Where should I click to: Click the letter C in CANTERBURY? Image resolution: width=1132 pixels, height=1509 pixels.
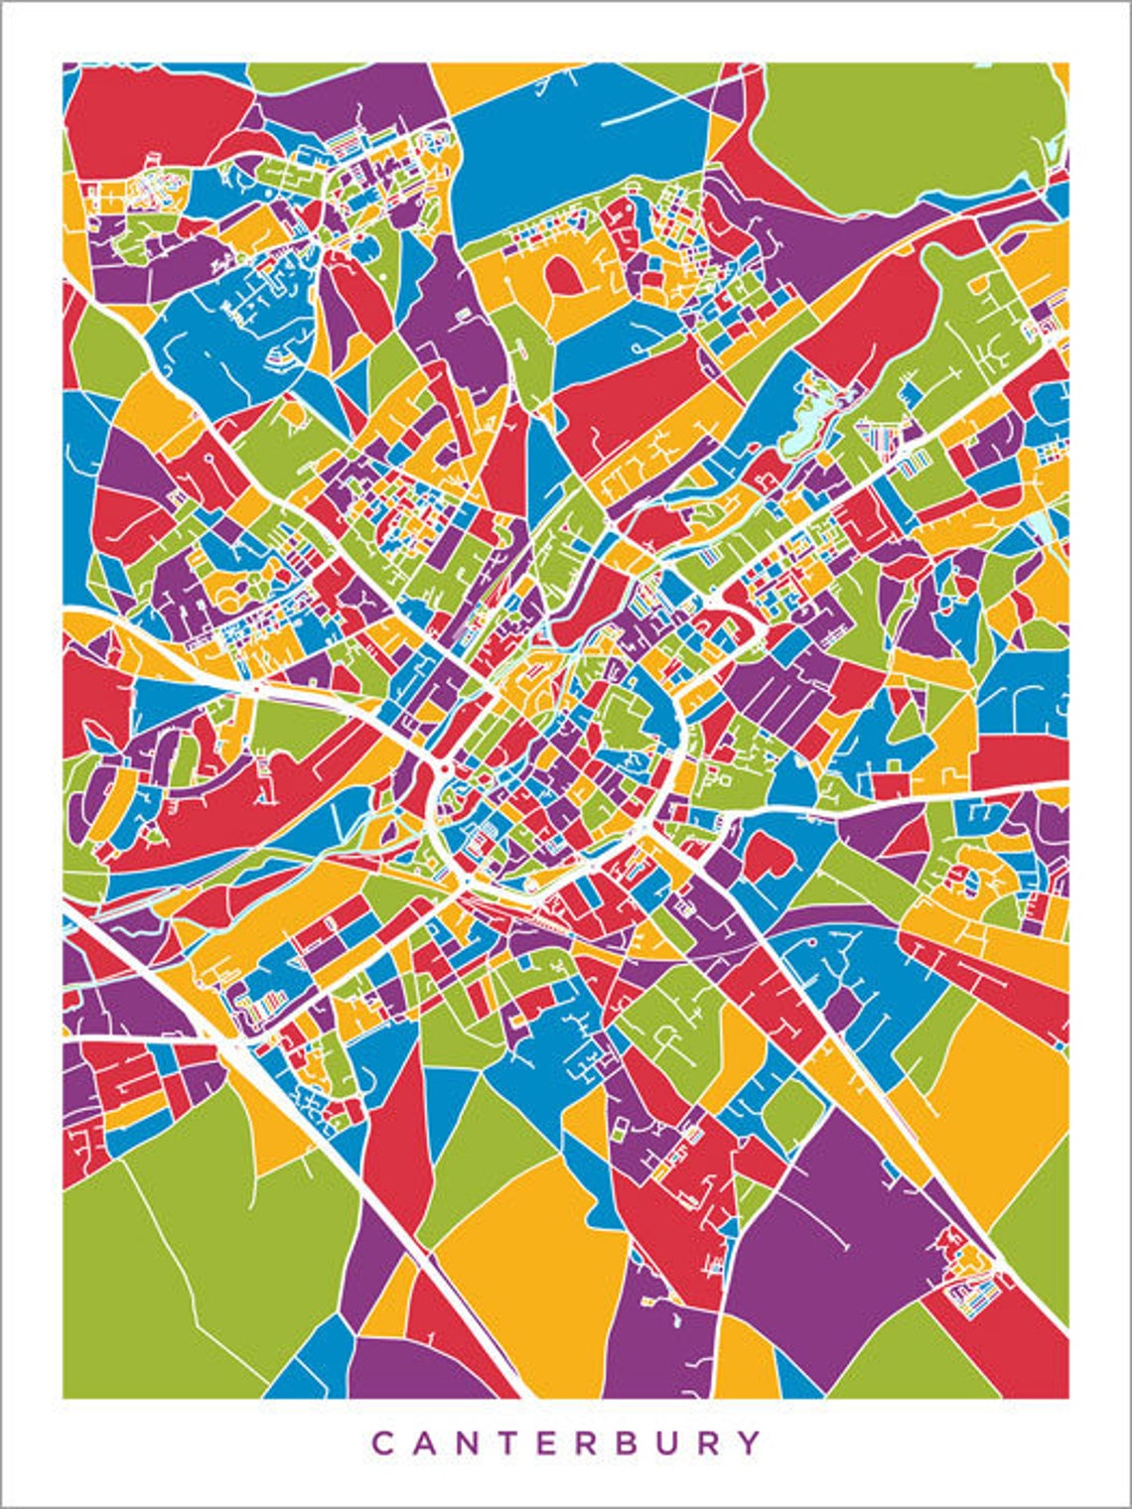click(382, 1442)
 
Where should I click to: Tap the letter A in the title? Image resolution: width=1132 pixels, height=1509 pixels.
click(429, 1442)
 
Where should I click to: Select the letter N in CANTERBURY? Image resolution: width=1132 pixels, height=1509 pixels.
click(476, 1442)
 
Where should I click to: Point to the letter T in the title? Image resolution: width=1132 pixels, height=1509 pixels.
click(521, 1442)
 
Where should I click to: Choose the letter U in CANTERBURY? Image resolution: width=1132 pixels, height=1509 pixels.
click(702, 1442)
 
